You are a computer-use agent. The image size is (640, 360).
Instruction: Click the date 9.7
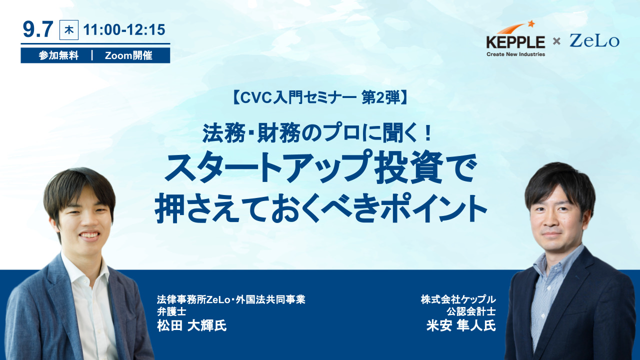coord(38,29)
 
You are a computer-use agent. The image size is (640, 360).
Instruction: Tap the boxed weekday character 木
coord(69,30)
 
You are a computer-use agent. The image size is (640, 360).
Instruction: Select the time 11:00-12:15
coord(124,29)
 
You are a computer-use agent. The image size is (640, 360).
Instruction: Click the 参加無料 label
coord(58,55)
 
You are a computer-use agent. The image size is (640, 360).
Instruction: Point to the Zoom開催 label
coord(128,55)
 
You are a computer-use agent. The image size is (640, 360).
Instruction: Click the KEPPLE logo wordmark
coord(515,42)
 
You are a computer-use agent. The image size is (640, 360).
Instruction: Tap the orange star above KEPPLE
coord(531,23)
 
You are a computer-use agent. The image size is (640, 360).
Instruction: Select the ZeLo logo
coord(594,41)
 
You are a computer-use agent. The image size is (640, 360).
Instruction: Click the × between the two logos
coord(556,41)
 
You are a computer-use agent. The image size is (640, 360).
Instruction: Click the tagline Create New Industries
coord(515,54)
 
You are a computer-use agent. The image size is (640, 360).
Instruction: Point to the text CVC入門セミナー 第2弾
coord(320,97)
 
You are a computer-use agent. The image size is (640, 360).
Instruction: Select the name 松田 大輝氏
coord(191,325)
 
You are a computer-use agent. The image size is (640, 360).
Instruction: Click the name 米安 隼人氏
coord(461,325)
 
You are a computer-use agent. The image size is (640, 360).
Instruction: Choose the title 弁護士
coord(171,311)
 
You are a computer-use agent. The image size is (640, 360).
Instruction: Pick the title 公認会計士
coord(471,311)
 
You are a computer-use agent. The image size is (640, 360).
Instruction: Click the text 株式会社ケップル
coord(458,299)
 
